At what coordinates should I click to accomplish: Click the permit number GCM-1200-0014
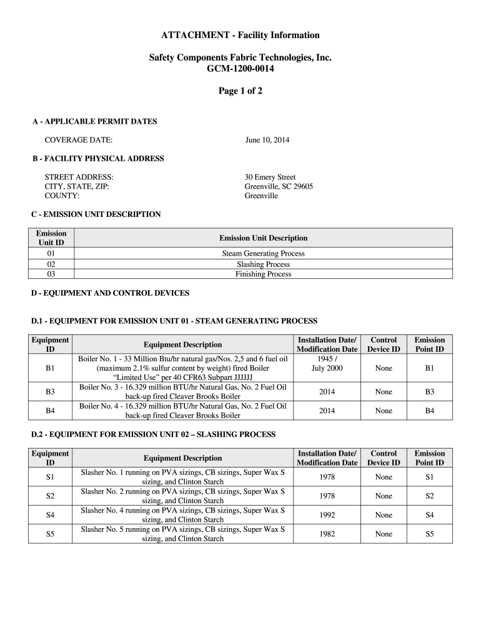coord(240,69)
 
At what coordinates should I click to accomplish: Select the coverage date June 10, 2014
coord(267,140)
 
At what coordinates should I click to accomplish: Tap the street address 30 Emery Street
coord(270,177)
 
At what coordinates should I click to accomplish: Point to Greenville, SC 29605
coord(279,187)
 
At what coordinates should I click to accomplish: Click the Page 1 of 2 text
coord(240,91)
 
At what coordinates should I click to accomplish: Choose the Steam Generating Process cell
coord(263,254)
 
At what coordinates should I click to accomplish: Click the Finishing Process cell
coord(263,274)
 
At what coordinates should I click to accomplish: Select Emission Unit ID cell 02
coord(51,264)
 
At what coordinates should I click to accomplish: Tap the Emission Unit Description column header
coord(263,238)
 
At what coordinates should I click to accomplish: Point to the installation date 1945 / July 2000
coord(327,364)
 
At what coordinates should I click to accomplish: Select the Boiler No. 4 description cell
coord(182,411)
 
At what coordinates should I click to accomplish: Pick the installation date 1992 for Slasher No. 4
coord(327,515)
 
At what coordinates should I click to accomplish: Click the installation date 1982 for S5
coord(327,534)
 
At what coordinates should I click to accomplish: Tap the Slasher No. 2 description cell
coord(182,496)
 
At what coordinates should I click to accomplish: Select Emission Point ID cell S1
coord(429,477)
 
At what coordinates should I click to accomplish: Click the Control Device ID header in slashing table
coord(383,458)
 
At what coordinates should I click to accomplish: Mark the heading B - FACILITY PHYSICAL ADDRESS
coord(98,159)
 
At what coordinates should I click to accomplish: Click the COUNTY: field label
coord(62,196)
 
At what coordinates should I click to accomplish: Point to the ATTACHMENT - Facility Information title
coord(240,35)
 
